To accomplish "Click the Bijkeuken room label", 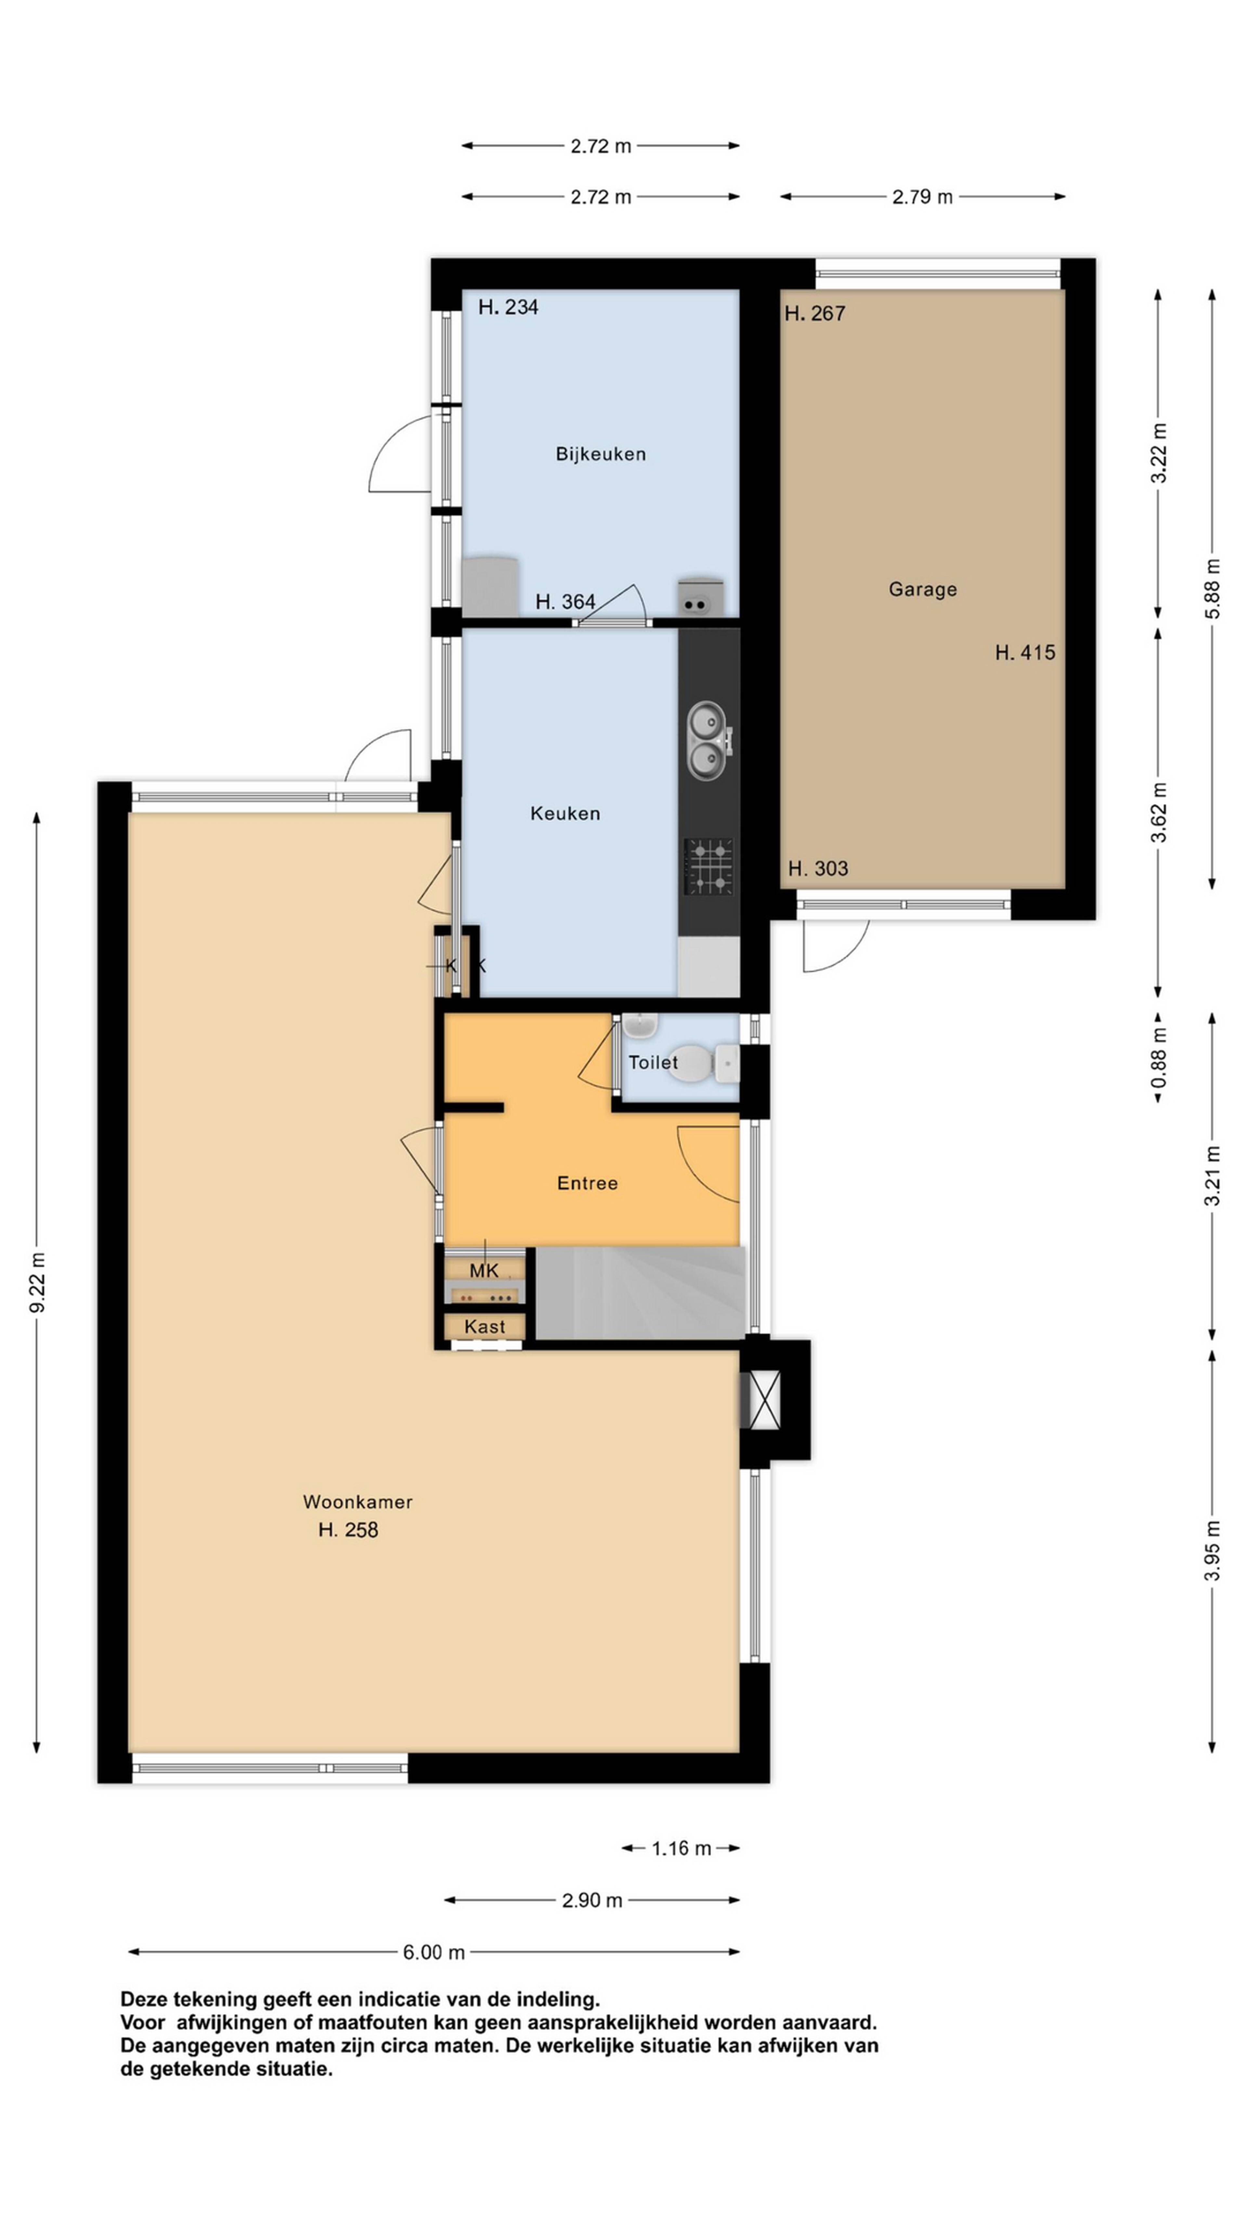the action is (600, 454).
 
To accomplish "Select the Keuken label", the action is (565, 813).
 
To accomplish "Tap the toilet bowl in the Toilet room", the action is (702, 1063).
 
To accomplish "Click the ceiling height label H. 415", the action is (1025, 653).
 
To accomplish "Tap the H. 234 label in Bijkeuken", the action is (508, 307).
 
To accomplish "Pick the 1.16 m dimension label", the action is (681, 1848).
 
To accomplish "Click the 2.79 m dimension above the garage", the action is (922, 196).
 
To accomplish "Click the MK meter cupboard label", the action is (484, 1271).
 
